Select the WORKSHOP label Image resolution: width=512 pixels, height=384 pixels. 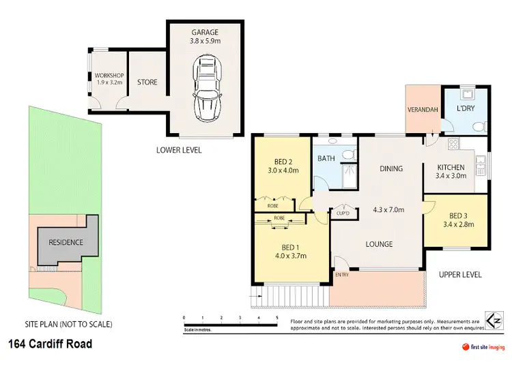107,75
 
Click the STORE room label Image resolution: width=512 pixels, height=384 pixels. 147,83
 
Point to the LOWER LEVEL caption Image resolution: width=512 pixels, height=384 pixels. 179,150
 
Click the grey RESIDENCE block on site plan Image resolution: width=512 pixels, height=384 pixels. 66,242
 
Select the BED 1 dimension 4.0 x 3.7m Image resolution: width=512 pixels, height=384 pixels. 290,256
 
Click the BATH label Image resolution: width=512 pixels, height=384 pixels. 325,158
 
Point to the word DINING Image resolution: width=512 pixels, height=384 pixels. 391,168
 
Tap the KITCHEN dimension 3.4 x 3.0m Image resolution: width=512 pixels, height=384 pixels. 451,176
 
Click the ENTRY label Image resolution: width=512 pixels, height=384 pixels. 341,275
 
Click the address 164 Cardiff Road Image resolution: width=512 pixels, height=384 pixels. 50,344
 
